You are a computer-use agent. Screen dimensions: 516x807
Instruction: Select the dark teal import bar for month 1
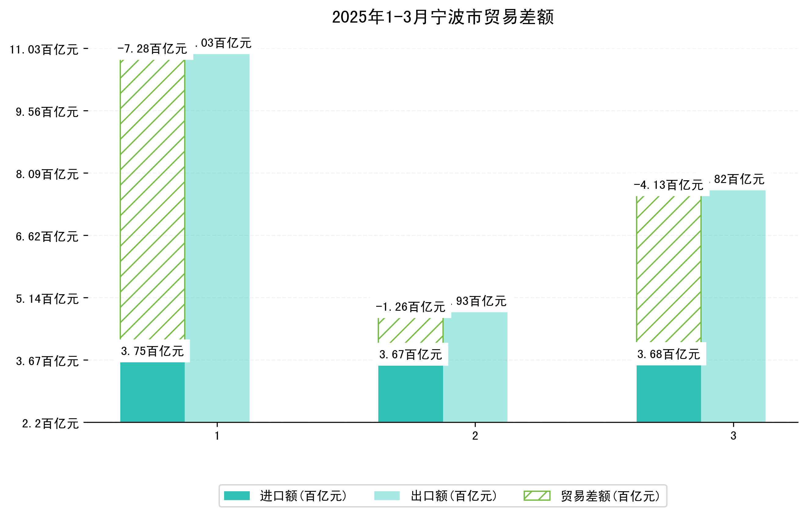tap(152, 392)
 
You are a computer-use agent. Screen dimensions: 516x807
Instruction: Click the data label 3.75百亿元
tap(152, 351)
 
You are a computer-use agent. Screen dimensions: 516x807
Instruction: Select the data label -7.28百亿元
tap(152, 49)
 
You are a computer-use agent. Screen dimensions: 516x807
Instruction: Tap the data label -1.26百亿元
tap(411, 307)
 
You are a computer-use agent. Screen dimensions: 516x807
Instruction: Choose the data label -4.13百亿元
tap(669, 185)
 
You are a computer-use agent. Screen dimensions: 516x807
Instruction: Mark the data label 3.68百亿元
tap(669, 354)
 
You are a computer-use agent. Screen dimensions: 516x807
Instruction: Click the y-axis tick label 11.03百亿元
tap(44, 49)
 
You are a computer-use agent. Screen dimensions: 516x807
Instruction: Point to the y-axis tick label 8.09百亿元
tap(47, 174)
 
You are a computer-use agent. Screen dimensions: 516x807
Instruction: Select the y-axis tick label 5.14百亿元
tap(47, 299)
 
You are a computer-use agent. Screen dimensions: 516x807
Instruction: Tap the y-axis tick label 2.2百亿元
tap(50, 424)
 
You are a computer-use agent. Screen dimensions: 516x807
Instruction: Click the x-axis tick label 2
tap(475, 436)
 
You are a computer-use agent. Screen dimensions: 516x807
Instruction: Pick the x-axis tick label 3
tap(733, 436)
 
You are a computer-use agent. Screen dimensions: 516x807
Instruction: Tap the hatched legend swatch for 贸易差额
tap(537, 496)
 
